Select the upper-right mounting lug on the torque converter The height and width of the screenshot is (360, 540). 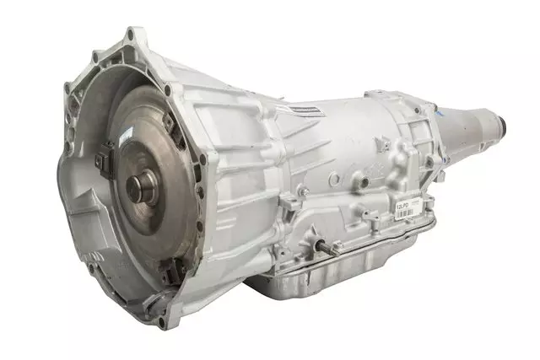click(169, 119)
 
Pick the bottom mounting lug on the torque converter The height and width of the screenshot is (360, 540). click(168, 268)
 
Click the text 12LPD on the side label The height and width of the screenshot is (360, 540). click(404, 204)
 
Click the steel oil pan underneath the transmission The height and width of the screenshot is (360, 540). click(354, 270)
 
